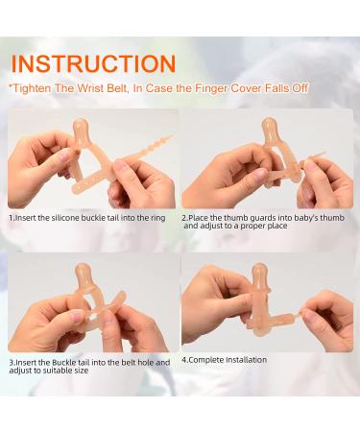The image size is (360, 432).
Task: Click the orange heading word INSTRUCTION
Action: [x=93, y=63]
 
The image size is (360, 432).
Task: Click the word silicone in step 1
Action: [x=65, y=218]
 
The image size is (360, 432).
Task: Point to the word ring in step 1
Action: [x=158, y=218]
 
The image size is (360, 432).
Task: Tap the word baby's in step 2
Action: [x=306, y=218]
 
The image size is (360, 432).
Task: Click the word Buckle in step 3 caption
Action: [x=64, y=363]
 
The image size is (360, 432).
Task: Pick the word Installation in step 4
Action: [x=246, y=360]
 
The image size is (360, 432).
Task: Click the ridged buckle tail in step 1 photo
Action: [x=146, y=150]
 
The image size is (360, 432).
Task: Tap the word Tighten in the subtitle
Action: [x=32, y=88]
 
